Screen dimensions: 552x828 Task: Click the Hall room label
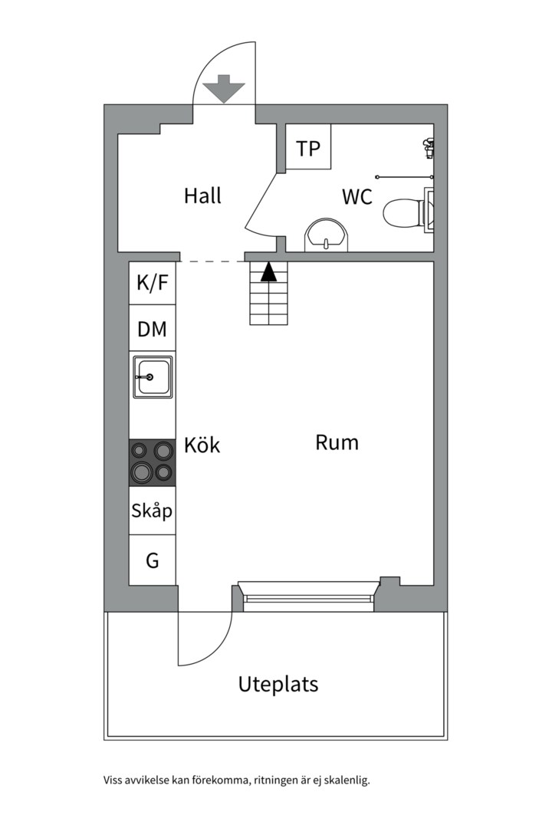[x=202, y=195]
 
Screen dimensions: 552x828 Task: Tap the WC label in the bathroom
[x=357, y=197]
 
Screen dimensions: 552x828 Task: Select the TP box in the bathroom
[x=308, y=146]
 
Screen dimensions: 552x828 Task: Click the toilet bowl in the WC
[x=402, y=213]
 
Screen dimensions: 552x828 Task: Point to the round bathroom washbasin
[x=327, y=236]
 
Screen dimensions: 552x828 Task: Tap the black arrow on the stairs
[x=269, y=271]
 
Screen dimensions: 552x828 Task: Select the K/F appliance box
[x=152, y=283]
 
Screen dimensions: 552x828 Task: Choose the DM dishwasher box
[x=152, y=328]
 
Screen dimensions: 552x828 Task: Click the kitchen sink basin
[x=153, y=376]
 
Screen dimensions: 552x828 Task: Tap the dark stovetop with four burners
[x=152, y=462]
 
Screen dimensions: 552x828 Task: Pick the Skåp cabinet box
[x=152, y=511]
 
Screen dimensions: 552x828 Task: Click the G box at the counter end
[x=152, y=560]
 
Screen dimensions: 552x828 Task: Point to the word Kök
[x=202, y=445]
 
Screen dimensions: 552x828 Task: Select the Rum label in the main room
[x=337, y=442]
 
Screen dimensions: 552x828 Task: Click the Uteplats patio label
[x=278, y=684]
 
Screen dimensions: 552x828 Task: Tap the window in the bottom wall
[x=308, y=596]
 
